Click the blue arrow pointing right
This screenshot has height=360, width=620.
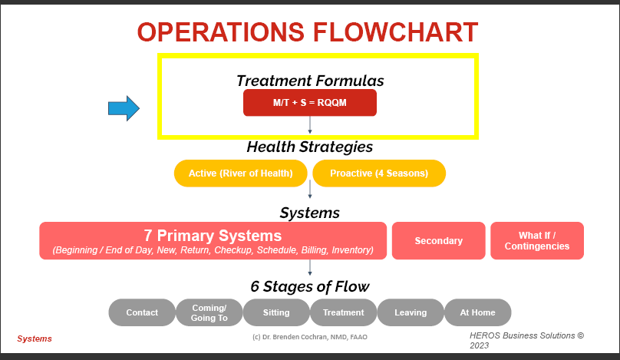(123, 109)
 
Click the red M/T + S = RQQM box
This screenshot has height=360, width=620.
(309, 103)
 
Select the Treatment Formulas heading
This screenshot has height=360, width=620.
(310, 81)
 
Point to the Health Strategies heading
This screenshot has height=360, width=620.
(310, 147)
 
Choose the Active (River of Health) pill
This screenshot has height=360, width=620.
(241, 173)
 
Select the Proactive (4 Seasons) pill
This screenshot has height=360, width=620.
(379, 173)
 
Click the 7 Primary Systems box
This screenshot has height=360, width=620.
(213, 240)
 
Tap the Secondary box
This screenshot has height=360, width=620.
(438, 240)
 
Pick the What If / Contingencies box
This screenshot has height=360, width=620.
(537, 240)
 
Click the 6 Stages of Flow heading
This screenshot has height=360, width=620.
(310, 286)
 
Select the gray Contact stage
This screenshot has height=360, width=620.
(142, 312)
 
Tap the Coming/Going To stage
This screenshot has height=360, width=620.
(209, 312)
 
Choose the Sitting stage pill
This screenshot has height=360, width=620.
(276, 312)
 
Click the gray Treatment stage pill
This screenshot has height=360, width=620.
(343, 312)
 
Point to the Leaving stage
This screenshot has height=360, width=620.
(411, 312)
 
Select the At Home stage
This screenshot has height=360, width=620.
(477, 312)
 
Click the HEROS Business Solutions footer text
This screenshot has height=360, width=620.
(526, 340)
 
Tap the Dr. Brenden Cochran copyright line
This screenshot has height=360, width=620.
(310, 337)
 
